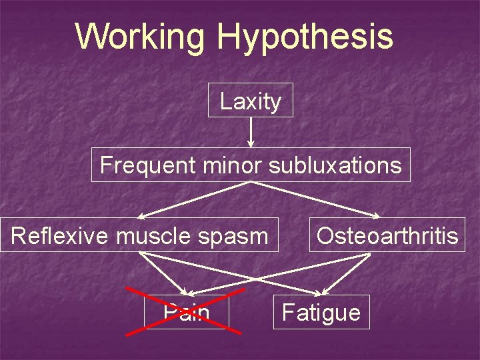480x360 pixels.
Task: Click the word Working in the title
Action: pos(141,37)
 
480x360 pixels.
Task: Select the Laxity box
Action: pos(251,101)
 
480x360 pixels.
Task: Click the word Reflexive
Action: pos(59,235)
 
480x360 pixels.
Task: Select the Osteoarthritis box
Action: pos(387,235)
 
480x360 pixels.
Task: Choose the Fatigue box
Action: pos(321,312)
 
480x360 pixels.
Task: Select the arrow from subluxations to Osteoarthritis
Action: pos(313,199)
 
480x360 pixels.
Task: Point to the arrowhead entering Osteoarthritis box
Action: pos(377,215)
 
